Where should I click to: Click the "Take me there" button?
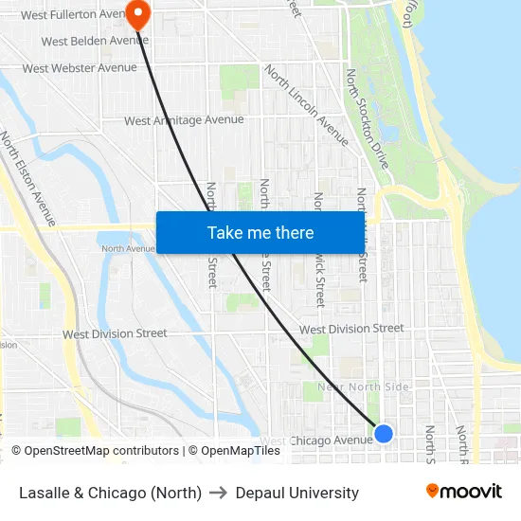pyautogui.click(x=260, y=232)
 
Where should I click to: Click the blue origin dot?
pyautogui.click(x=384, y=433)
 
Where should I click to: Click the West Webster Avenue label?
pyautogui.click(x=80, y=68)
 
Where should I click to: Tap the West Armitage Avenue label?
pyautogui.click(x=184, y=120)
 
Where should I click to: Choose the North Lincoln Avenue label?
pyautogui.click(x=306, y=103)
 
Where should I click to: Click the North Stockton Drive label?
pyautogui.click(x=367, y=118)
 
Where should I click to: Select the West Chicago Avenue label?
pyautogui.click(x=317, y=440)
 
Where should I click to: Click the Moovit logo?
pyautogui.click(x=464, y=492)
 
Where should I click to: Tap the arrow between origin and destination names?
pyautogui.click(x=219, y=493)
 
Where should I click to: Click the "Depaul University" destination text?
pyautogui.click(x=297, y=493)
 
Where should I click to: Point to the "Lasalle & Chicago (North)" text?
pyautogui.click(x=110, y=493)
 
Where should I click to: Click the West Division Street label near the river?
pyautogui.click(x=115, y=333)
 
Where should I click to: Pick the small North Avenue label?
pyautogui.click(x=128, y=249)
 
